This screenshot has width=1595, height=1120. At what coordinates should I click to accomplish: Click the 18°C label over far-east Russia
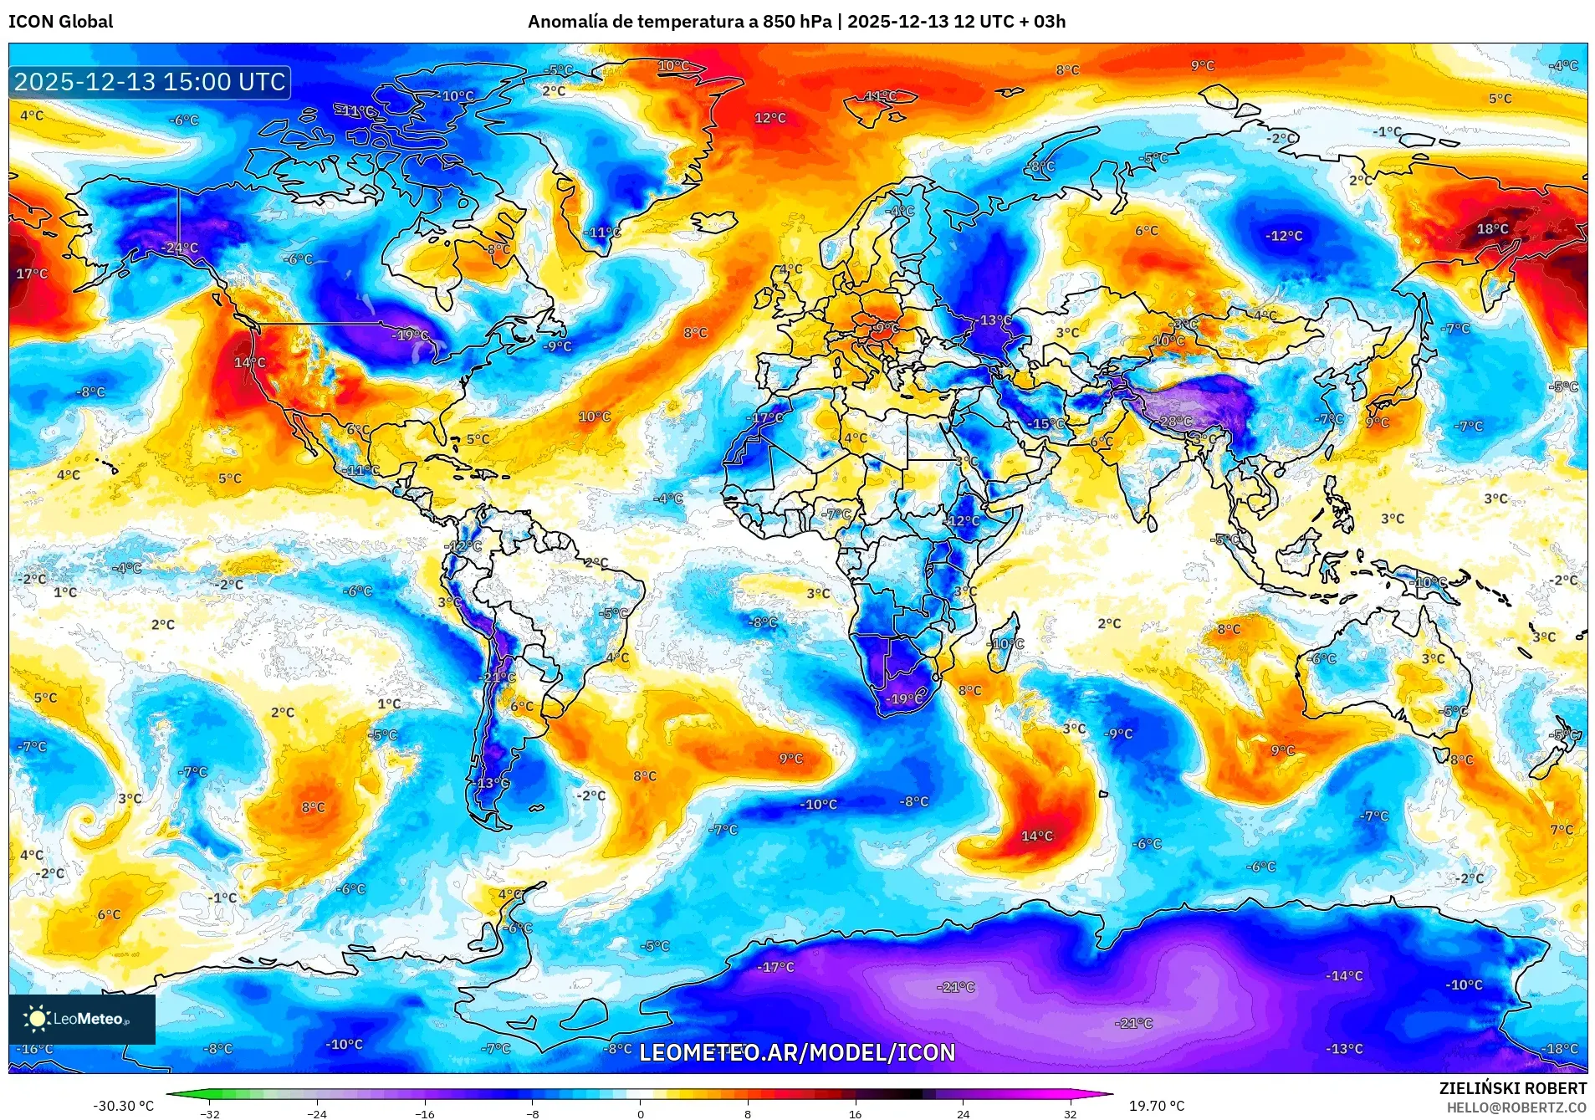pos(1492,228)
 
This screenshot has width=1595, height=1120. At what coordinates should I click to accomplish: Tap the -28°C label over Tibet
pos(1175,421)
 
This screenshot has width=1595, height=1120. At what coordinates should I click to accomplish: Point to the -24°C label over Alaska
pos(181,248)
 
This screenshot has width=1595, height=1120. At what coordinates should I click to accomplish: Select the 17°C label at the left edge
pos(32,274)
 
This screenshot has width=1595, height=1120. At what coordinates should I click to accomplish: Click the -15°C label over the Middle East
pos(1047,424)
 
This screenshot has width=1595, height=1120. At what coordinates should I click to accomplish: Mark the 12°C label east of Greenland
pos(769,118)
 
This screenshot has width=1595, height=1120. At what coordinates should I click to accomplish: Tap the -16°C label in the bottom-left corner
pos(35,1049)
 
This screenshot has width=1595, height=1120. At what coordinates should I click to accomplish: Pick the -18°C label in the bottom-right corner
pos(1560,1049)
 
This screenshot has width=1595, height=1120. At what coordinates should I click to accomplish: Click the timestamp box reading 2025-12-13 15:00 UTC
pos(151,82)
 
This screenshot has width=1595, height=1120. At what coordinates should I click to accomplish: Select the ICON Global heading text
pos(60,22)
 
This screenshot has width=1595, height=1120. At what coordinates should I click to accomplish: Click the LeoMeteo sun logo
pos(37,1018)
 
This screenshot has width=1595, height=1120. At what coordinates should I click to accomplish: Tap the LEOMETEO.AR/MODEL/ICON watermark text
pos(797,1052)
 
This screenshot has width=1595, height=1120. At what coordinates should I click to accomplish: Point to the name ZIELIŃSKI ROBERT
pos(1512,1088)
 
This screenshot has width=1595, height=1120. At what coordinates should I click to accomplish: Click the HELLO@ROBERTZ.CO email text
pos(1516,1107)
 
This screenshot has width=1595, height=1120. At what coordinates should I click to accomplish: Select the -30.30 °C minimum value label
pos(123,1106)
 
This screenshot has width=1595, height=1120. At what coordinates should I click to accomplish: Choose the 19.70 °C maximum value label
pos(1157,1106)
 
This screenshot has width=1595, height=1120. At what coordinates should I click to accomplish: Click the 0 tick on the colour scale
pos(640,1114)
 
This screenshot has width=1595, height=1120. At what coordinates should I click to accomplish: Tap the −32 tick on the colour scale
pos(210,1114)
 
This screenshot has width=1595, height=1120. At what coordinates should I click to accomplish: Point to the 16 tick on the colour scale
pos(855,1114)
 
